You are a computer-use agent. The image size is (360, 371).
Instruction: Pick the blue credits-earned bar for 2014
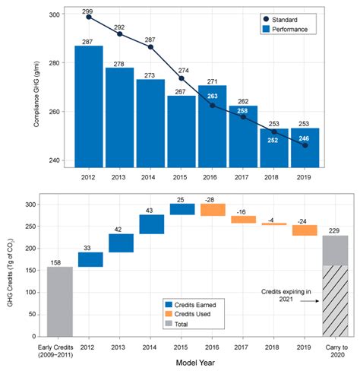pyautogui.click(x=152, y=224)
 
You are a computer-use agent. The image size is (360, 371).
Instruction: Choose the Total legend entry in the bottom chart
pyautogui.click(x=186, y=324)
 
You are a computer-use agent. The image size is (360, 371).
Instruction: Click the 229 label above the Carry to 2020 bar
pyautogui.click(x=336, y=230)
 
